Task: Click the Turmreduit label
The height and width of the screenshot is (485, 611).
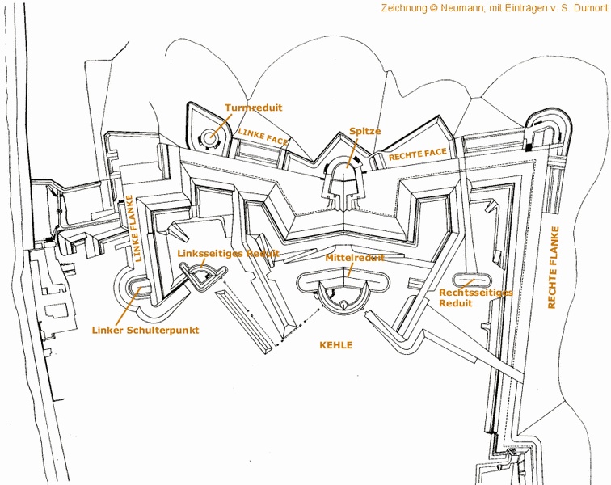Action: pos(253,108)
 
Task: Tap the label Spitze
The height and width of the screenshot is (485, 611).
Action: pos(364,131)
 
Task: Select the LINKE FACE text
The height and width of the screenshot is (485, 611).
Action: pos(263,136)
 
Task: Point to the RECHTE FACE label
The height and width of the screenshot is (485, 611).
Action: pos(417,154)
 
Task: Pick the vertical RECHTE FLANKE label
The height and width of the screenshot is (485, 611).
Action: pos(553,268)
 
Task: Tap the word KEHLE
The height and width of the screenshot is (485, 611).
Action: pos(336,345)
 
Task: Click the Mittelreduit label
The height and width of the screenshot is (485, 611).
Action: pos(355,258)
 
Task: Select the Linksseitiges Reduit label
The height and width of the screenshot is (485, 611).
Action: pos(228,254)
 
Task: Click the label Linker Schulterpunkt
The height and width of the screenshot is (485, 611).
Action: pos(145,331)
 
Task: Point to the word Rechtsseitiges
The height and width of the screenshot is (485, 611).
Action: pos(476,293)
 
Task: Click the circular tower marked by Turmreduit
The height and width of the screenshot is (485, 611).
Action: pos(211,137)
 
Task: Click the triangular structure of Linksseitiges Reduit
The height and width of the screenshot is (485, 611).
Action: pos(203,276)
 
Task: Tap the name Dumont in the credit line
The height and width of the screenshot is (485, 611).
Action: pos(591,8)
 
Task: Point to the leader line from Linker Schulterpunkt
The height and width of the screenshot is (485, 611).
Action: pos(128,307)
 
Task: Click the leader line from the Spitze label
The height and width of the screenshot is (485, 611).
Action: pos(352,152)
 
